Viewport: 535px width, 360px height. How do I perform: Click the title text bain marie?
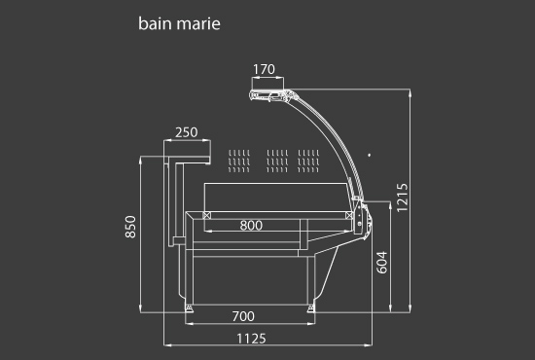[179, 23]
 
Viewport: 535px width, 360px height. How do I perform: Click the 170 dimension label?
[264, 69]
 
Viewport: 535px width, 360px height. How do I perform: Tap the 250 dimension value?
[187, 132]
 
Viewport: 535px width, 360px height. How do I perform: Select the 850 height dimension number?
[130, 227]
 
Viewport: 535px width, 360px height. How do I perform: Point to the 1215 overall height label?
[403, 198]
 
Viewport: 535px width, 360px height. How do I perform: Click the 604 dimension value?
[382, 263]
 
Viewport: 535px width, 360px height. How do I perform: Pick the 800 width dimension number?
[251, 225]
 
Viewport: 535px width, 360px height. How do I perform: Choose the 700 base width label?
[243, 316]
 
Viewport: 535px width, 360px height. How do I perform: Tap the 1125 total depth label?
[251, 339]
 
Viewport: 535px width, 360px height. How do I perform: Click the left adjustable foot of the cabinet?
[189, 308]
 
